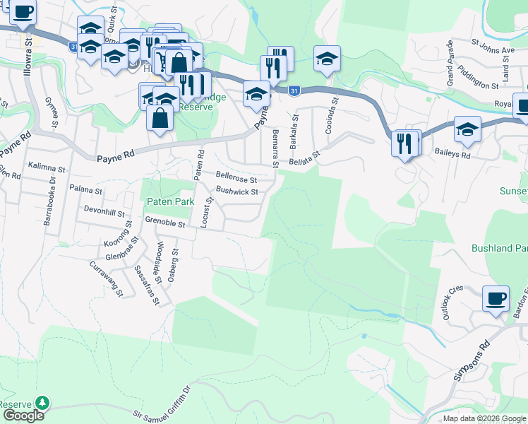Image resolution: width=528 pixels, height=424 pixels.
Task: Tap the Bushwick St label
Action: coord(237,191)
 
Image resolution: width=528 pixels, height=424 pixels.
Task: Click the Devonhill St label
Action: coord(104,212)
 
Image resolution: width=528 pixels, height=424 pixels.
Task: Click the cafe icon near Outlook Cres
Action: coord(496,298)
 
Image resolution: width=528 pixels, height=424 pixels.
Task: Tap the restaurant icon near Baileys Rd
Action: coord(405,144)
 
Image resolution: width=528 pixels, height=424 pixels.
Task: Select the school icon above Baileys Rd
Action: coord(467,129)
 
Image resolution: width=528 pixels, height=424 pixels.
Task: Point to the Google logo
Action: coord(23,416)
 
